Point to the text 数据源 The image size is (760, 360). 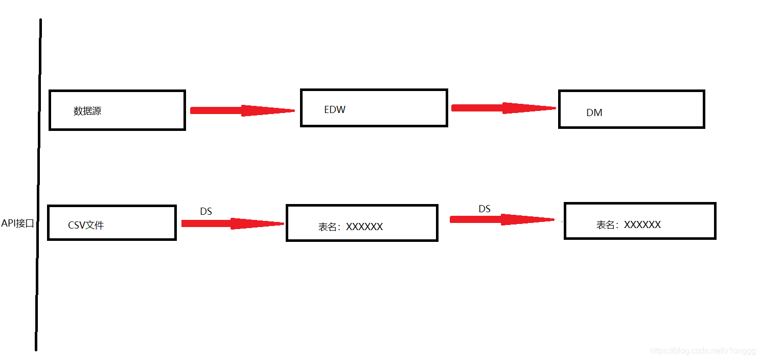point(87,111)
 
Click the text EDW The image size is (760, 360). point(335,109)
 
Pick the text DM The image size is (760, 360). point(594,113)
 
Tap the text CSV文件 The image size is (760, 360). point(86,226)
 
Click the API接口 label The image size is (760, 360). point(17,223)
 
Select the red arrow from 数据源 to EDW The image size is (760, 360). point(242,110)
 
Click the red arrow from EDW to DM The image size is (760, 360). point(503,108)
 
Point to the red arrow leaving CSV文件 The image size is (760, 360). point(232,223)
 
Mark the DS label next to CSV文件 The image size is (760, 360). point(206,211)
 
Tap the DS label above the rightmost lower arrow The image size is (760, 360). point(485,209)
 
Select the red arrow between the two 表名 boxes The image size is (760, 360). point(502,219)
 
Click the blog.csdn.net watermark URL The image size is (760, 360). point(703,351)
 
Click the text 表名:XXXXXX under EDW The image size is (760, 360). point(351,227)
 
